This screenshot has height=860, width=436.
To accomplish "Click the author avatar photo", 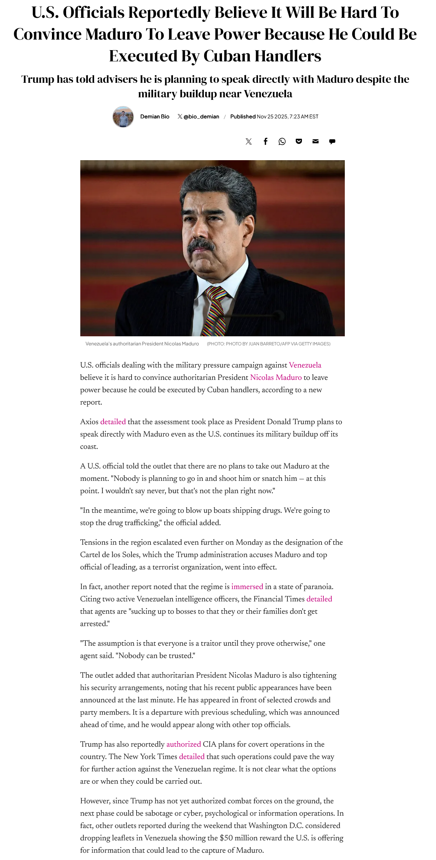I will pos(123,117).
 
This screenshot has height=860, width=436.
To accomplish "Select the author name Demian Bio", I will pos(155,117).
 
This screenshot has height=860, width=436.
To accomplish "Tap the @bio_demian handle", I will pos(201,117).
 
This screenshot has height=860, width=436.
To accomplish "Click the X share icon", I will pos(249,141).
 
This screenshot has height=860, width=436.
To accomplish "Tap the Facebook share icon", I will pos(266,141).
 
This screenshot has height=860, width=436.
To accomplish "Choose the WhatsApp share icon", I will pos(282,141).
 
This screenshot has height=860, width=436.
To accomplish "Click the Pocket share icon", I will pos(299,141).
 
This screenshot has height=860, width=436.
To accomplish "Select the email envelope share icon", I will pos(315,141).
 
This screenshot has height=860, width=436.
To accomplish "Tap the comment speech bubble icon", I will pos(332,141).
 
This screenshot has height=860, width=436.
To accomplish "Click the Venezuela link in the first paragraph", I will pos(305,365).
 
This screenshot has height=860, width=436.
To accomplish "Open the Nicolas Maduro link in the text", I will pos(276,377).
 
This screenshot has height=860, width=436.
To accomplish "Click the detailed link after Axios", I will pos(113,422).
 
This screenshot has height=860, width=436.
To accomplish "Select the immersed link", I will pos(247,587).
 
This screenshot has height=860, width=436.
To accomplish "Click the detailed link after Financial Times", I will pos(319,599).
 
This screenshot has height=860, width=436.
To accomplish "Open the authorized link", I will pos(183,744).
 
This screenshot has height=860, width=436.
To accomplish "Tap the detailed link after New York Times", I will pos(191,756).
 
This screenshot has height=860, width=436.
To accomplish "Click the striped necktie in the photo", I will pos(215,311).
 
